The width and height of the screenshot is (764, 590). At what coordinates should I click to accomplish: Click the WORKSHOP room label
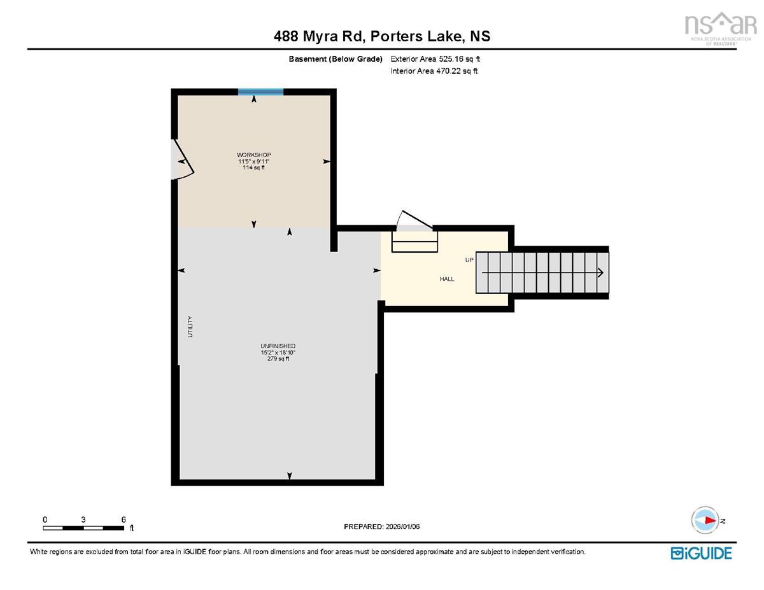tap(254, 155)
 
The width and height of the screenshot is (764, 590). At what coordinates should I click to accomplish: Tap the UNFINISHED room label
tap(278, 346)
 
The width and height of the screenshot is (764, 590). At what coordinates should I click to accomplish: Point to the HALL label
tap(447, 279)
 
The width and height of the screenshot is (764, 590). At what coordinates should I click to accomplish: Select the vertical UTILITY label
tap(190, 327)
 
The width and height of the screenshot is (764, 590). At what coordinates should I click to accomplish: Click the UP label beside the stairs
tap(469, 260)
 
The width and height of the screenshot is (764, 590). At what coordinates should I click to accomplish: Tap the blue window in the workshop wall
tap(260, 92)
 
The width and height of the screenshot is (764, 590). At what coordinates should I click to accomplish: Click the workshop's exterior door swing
tap(183, 159)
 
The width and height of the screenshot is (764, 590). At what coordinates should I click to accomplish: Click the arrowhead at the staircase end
tap(600, 272)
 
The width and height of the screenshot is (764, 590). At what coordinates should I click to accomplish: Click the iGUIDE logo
tap(701, 553)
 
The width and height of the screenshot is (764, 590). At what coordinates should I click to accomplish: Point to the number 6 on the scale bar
tap(124, 519)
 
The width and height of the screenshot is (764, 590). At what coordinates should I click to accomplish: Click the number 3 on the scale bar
tap(83, 519)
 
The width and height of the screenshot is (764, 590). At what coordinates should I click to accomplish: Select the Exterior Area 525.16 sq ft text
tap(435, 59)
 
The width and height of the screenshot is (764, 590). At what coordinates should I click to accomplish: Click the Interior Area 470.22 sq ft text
tap(434, 71)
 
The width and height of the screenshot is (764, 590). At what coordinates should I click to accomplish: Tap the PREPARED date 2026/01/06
tap(402, 526)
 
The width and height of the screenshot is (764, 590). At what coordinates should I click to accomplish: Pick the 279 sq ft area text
tap(278, 359)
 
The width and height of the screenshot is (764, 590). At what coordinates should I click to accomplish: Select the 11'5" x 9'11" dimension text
tap(254, 161)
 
